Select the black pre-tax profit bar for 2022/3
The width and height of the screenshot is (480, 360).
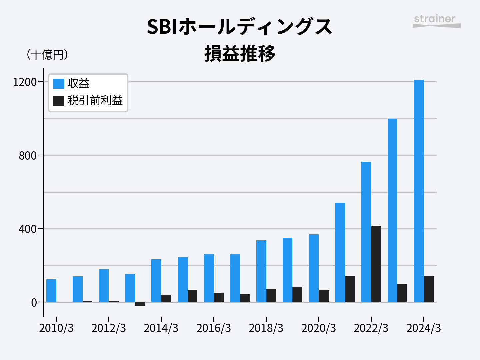376,264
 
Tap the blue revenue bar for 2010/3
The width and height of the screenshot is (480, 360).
51,291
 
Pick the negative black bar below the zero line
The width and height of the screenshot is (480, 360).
140,304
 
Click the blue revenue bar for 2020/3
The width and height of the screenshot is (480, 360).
314,268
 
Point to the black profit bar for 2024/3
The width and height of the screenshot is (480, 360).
429,289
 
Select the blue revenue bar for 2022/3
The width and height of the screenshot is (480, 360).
366,232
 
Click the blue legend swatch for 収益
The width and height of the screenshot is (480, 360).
59,83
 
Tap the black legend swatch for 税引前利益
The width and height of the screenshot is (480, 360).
59,101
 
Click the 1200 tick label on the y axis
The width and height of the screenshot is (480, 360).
25,82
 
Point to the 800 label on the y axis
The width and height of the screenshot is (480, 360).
27,156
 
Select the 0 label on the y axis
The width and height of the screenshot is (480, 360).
34,303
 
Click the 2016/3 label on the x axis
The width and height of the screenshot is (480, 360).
214,328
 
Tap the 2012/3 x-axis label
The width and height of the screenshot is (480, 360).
109,328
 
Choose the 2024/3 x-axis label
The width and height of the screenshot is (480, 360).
424,328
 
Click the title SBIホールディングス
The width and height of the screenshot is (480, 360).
240,27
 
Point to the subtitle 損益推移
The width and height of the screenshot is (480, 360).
240,54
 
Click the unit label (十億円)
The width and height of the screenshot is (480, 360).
47,54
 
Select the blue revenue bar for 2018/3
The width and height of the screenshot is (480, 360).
261,271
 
